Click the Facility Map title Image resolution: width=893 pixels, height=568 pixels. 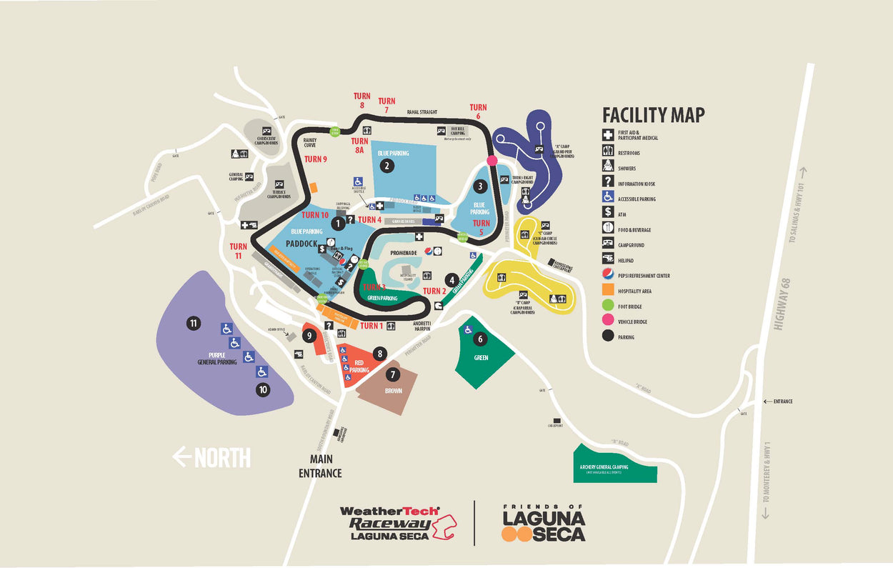[x=653, y=115]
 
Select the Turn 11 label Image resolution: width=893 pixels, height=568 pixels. [x=239, y=251]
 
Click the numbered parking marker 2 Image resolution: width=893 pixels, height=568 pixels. [x=386, y=166]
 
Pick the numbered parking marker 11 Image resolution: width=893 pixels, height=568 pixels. [x=194, y=324]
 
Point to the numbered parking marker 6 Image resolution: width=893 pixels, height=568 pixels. [x=481, y=339]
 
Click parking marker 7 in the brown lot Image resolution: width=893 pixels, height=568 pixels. [x=391, y=374]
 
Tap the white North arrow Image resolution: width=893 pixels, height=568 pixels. [x=212, y=457]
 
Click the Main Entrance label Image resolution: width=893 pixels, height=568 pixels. [x=320, y=467]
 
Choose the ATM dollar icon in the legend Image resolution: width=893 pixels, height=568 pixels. [x=607, y=212]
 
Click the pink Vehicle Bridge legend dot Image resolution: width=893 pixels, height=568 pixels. [x=607, y=322]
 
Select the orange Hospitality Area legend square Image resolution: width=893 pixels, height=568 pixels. [x=607, y=291]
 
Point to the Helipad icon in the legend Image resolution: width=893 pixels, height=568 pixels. [x=607, y=259]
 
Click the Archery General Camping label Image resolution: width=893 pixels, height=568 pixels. [x=614, y=467]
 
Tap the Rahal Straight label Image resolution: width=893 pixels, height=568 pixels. [x=421, y=112]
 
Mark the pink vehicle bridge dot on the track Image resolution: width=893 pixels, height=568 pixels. [x=492, y=160]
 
